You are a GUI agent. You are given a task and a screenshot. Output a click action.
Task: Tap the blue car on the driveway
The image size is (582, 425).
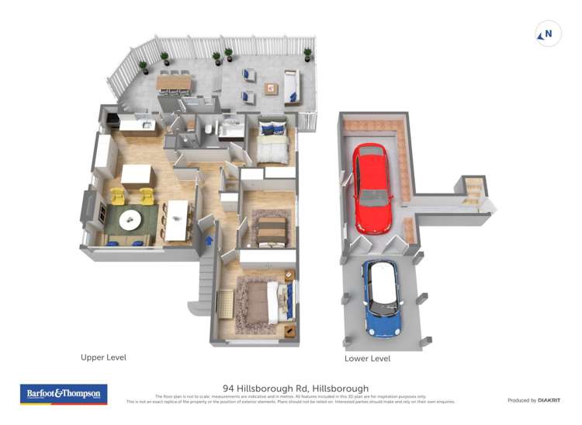click(x=383, y=298)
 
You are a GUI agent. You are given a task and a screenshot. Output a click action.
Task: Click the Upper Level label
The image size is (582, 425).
click(x=103, y=357)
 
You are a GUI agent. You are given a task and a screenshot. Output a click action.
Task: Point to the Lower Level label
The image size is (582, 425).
click(x=367, y=359)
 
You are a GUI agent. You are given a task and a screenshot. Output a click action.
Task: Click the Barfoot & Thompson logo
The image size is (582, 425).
click(x=64, y=394)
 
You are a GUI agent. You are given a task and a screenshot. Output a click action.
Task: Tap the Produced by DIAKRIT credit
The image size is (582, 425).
click(x=533, y=400)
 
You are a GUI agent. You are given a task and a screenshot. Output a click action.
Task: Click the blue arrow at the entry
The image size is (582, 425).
click(x=209, y=240)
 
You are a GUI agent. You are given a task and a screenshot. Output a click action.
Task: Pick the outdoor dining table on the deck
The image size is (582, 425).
click(x=174, y=82)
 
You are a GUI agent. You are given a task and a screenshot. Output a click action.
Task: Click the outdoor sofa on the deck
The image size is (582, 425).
click(x=292, y=86)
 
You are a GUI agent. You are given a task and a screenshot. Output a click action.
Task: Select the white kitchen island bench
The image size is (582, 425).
click(x=137, y=174)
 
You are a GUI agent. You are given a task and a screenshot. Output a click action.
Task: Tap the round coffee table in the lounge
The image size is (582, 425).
click(x=130, y=219)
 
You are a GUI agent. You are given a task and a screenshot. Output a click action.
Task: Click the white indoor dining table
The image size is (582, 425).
click(x=178, y=220)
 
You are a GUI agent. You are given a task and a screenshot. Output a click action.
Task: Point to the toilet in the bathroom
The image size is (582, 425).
click(x=209, y=130)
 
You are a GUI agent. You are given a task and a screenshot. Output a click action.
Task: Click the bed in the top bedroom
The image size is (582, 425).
click(x=272, y=141)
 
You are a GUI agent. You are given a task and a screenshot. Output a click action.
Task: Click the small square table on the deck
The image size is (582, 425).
click(x=271, y=88)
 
